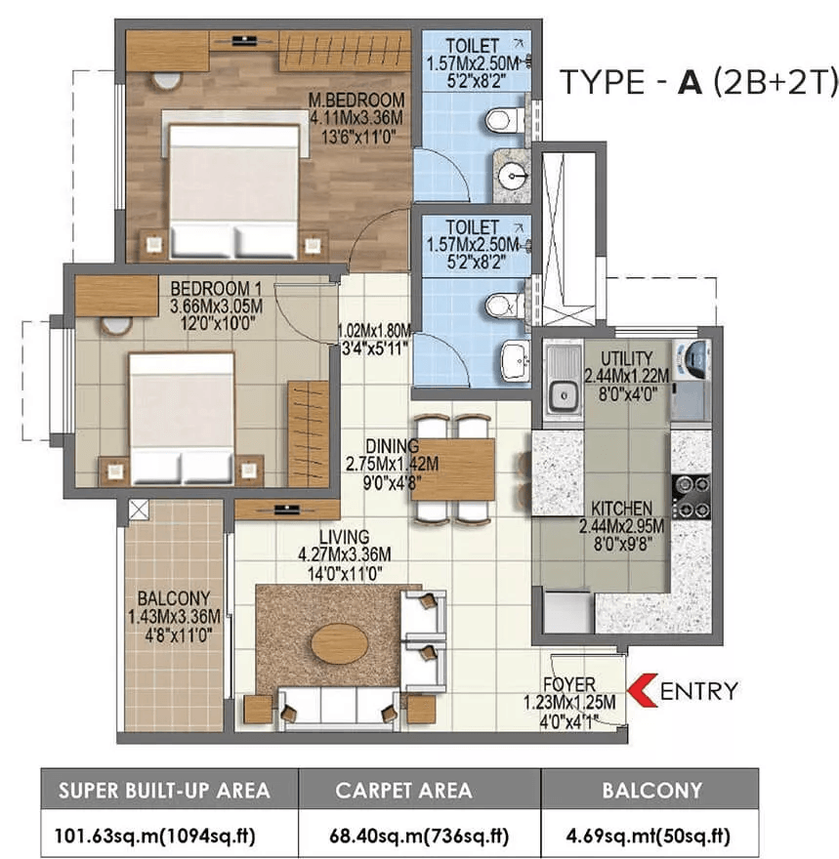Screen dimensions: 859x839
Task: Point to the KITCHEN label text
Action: pyautogui.click(x=621, y=509)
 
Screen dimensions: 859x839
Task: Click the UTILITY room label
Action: pyautogui.click(x=627, y=358)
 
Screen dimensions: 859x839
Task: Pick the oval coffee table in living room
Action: pyautogui.click(x=339, y=642)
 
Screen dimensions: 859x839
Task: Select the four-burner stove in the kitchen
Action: pyautogui.click(x=692, y=496)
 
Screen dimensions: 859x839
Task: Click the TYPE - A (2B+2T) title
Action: pyautogui.click(x=697, y=84)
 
